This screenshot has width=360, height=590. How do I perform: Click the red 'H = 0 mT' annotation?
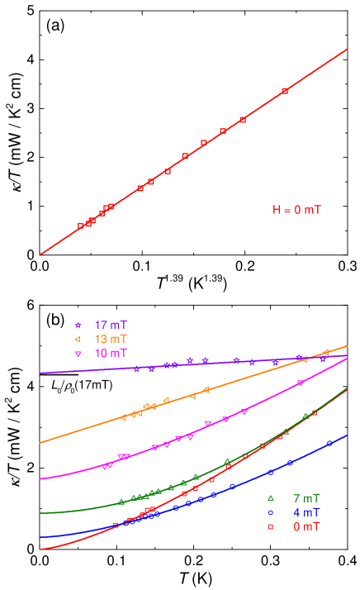click(x=297, y=210)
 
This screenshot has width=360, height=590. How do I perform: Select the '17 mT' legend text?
click(x=111, y=325)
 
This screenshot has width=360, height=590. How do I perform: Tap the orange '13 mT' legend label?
click(x=111, y=339)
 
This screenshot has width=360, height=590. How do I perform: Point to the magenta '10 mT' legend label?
click(x=111, y=353)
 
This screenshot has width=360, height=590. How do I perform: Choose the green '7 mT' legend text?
click(x=306, y=498)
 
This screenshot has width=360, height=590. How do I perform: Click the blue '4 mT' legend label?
click(x=306, y=512)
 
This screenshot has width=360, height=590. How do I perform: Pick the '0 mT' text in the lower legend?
click(x=306, y=526)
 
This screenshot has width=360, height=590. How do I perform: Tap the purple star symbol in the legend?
click(x=78, y=326)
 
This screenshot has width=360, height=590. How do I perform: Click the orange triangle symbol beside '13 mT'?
click(x=78, y=340)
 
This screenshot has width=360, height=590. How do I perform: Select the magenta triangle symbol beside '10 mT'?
click(x=78, y=354)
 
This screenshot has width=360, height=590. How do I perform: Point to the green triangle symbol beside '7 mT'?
click(x=270, y=498)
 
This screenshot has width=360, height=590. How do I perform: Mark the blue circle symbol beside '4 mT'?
click(x=270, y=512)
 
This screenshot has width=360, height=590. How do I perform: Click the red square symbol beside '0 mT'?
click(x=270, y=526)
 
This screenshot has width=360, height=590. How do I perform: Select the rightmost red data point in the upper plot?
click(x=285, y=91)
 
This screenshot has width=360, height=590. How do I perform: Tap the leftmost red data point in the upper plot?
click(x=80, y=226)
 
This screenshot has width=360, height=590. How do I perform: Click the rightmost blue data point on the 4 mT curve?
click(x=329, y=443)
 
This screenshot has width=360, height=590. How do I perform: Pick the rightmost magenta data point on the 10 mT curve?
click(x=300, y=383)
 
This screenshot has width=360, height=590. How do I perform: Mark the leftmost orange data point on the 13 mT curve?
click(x=124, y=418)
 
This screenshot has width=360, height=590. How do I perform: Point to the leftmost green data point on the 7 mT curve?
click(x=121, y=502)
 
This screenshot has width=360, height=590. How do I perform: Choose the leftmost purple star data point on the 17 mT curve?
click(x=136, y=369)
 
